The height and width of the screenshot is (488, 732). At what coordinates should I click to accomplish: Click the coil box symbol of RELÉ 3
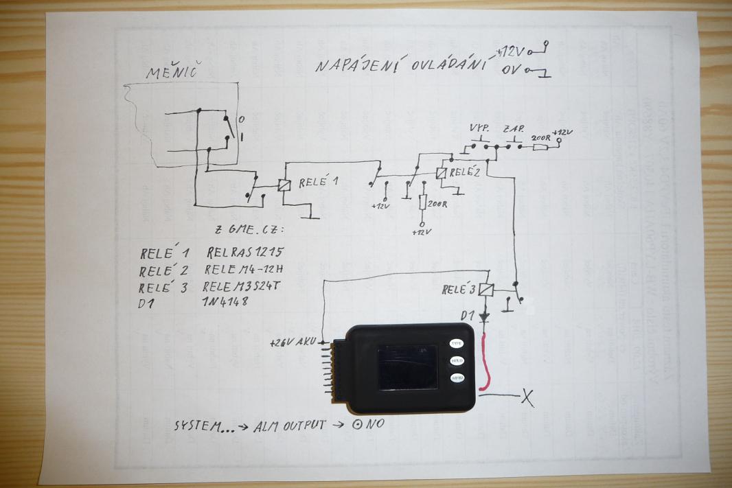coord(486,290)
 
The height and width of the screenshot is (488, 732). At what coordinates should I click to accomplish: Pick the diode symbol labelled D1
coord(486,316)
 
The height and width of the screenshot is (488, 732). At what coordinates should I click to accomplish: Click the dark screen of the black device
coord(408,367)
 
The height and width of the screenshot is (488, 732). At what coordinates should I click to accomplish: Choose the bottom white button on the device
coord(457,378)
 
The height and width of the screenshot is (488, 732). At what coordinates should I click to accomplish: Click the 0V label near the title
coord(510,69)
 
